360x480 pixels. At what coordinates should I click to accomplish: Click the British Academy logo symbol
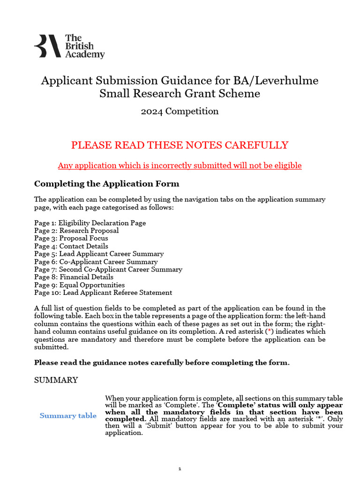pyautogui.click(x=47, y=46)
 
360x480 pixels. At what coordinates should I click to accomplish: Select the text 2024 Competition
pyautogui.click(x=180, y=111)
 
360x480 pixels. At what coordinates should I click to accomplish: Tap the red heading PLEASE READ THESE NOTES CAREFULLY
pyautogui.click(x=180, y=145)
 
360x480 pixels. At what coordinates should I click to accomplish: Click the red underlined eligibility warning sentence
pyautogui.click(x=180, y=165)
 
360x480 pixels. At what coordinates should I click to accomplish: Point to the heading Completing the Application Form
pyautogui.click(x=106, y=183)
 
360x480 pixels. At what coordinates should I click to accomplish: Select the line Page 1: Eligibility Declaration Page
pyautogui.click(x=90, y=223)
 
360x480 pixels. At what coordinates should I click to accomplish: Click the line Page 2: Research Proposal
pyautogui.click(x=76, y=231)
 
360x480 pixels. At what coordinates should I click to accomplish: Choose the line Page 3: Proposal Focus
pyautogui.click(x=71, y=238)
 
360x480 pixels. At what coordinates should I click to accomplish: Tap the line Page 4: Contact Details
pyautogui.click(x=71, y=246)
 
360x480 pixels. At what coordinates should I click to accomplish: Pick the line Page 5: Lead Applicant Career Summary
pyautogui.click(x=99, y=254)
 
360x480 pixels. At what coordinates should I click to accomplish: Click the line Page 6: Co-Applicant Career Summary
pyautogui.click(x=96, y=262)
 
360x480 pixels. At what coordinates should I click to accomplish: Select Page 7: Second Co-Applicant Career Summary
pyautogui.click(x=108, y=270)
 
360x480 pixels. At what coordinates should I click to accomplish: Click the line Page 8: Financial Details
pyautogui.click(x=74, y=277)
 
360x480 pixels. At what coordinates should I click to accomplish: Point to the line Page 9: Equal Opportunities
pyautogui.click(x=80, y=285)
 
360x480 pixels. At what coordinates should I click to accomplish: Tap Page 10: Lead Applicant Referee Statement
pyautogui.click(x=103, y=292)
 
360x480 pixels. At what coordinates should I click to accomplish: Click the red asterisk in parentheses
pyautogui.click(x=269, y=331)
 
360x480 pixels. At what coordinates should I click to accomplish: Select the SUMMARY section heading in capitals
pyautogui.click(x=56, y=380)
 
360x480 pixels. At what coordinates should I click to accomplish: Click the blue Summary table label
pyautogui.click(x=68, y=416)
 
